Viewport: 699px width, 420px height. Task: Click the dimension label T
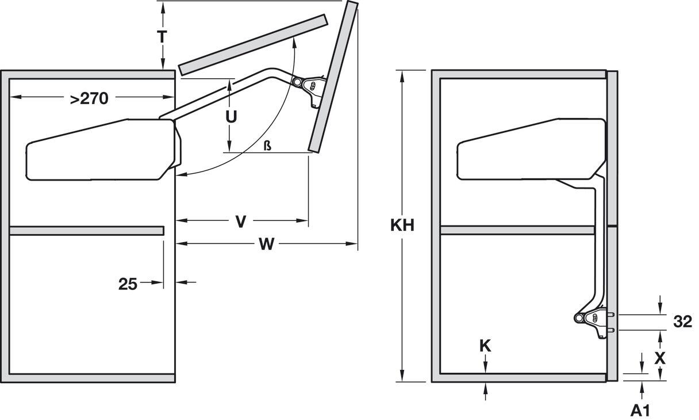point(163,36)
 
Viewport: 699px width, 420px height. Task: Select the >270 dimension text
point(89,98)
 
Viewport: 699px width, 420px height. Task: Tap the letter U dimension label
point(231,117)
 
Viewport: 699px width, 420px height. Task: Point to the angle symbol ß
point(267,146)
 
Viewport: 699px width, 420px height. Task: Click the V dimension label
point(241,221)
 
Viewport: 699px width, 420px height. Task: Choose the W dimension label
point(266,245)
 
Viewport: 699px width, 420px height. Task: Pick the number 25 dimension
point(127,284)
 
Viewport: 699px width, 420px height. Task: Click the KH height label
point(402,225)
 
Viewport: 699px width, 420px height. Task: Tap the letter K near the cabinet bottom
point(485,346)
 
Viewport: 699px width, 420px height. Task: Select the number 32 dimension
point(682,322)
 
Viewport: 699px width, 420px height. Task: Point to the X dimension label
point(660,358)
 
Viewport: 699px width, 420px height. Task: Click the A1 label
point(640,410)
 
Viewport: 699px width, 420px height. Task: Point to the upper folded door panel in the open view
point(253,45)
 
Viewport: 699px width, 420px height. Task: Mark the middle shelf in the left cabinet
point(86,231)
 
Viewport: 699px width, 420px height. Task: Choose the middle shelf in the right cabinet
point(517,231)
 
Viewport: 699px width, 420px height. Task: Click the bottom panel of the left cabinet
point(92,378)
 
